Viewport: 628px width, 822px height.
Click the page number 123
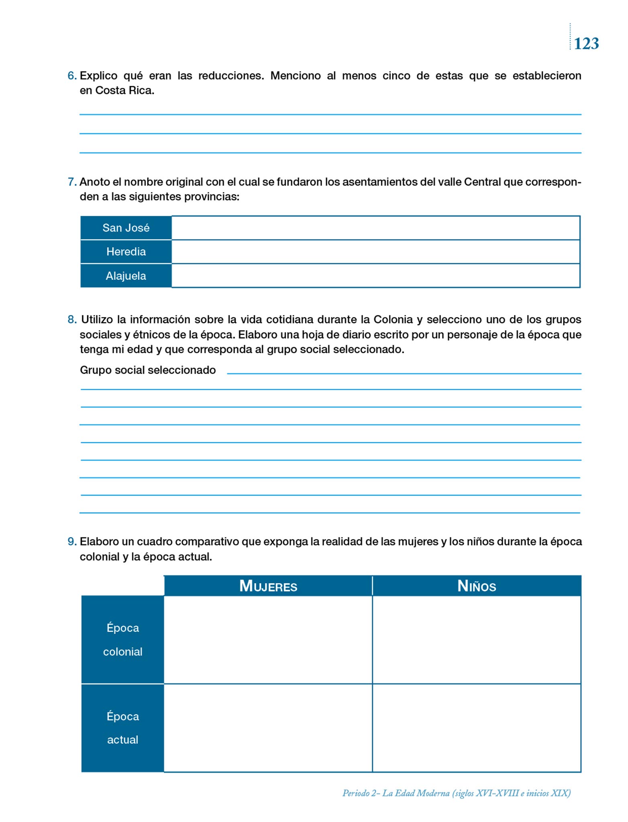pos(586,43)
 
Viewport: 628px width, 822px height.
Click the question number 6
pos(72,76)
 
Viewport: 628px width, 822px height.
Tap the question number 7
pos(72,182)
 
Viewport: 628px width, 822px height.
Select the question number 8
pos(72,320)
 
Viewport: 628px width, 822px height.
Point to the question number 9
pos(72,542)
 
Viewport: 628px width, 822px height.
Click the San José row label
pos(126,228)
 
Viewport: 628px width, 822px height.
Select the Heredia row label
pos(126,252)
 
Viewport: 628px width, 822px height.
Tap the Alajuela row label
pos(126,276)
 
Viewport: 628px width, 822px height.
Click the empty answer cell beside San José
pos(375,228)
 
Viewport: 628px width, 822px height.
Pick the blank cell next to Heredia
pos(375,252)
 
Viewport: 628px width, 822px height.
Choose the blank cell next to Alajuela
pos(375,276)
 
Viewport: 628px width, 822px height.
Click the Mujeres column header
pos(268,586)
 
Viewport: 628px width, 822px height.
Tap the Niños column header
pos(477,586)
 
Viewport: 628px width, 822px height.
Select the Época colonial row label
pos(122,640)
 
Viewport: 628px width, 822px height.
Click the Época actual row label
pos(122,728)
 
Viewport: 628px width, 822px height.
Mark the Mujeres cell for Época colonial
pos(268,640)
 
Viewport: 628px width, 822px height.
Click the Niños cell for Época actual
pos(477,728)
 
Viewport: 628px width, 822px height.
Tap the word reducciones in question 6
pos(231,76)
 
